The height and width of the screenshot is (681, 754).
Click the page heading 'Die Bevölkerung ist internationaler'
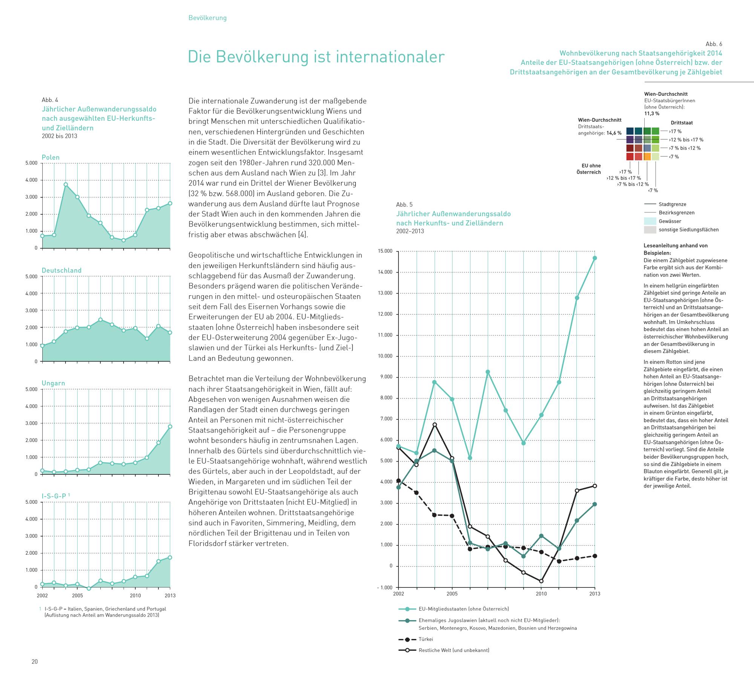[x=316, y=57]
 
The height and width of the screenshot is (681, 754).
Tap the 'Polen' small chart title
[x=51, y=157]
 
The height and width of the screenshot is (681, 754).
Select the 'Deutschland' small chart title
[x=61, y=270]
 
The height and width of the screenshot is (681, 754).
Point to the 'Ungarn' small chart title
[x=53, y=383]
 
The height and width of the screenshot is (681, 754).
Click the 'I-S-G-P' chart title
[x=55, y=496]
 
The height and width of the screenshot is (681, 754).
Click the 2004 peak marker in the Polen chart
[x=66, y=184]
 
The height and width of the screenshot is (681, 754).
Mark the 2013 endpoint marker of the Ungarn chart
[x=170, y=426]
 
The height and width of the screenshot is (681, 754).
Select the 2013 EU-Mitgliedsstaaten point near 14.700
[x=595, y=258]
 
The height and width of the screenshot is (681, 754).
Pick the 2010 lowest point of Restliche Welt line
[x=541, y=581]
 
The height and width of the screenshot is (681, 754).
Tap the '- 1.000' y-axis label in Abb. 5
[x=384, y=587]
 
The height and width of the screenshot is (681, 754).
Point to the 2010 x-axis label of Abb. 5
[x=541, y=594]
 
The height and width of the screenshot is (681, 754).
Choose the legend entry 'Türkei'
[x=426, y=639]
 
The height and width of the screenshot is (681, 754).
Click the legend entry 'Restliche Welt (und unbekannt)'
[x=454, y=650]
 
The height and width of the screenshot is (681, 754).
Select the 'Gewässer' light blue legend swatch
[x=650, y=221]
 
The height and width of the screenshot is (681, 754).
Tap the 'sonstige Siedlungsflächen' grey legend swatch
[x=650, y=230]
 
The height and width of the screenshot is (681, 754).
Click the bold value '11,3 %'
[x=652, y=114]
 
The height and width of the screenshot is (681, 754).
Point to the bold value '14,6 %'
[x=614, y=133]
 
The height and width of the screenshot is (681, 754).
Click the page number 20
[x=35, y=661]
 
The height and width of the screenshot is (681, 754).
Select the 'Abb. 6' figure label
[x=714, y=44]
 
